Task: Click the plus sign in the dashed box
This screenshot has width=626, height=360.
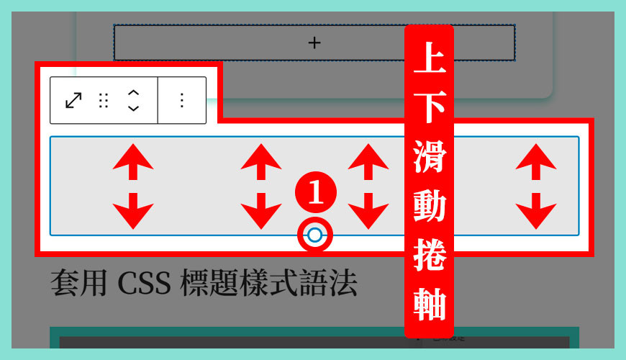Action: [314, 43]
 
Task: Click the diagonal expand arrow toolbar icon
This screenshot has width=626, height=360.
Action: [73, 100]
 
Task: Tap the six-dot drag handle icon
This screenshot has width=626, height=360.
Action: [104, 100]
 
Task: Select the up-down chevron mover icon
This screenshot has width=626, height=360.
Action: [133, 100]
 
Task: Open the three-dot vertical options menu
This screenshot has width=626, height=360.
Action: [181, 100]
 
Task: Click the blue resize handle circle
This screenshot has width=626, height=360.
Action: [314, 235]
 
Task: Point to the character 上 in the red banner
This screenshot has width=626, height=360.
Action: [429, 61]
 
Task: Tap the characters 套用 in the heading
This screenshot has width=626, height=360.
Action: [76, 284]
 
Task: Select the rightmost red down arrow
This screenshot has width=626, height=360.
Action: [535, 210]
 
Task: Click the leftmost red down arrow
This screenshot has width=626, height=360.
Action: [133, 210]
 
